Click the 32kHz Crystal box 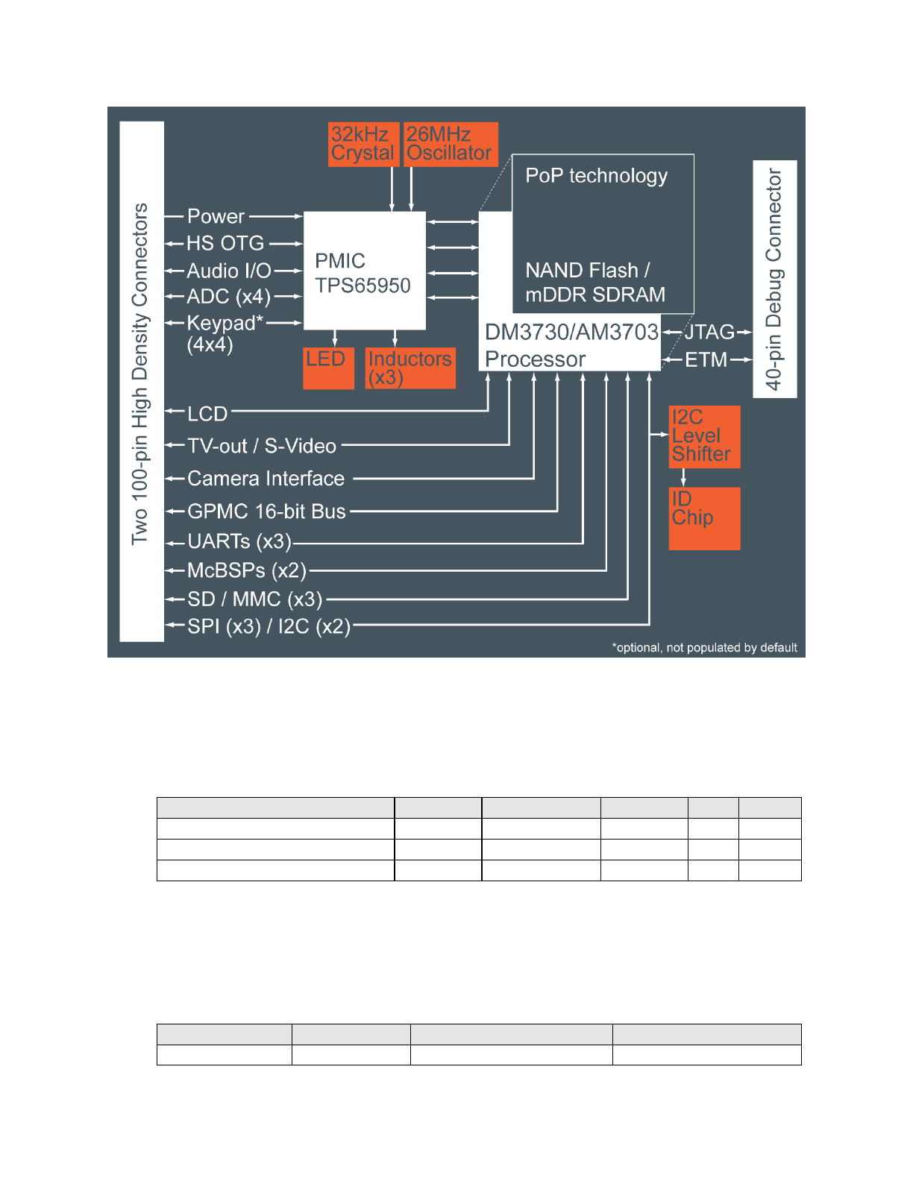tap(363, 144)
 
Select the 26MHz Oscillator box tap(450, 144)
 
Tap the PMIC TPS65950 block tap(364, 271)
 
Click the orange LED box tap(328, 368)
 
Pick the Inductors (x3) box tap(410, 368)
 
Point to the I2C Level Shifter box tap(704, 436)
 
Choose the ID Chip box tap(704, 518)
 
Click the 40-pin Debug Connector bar tap(775, 279)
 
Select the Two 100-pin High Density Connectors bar tap(141, 380)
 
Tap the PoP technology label tap(596, 176)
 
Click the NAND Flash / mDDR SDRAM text tap(594, 283)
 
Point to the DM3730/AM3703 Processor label tap(571, 345)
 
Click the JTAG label tap(709, 332)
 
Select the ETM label tap(706, 360)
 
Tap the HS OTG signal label tap(225, 243)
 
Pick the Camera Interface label tap(266, 479)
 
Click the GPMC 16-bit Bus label tap(266, 511)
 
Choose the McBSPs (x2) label tap(247, 571)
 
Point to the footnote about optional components tap(704, 647)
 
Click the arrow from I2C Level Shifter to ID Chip tap(683, 478)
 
